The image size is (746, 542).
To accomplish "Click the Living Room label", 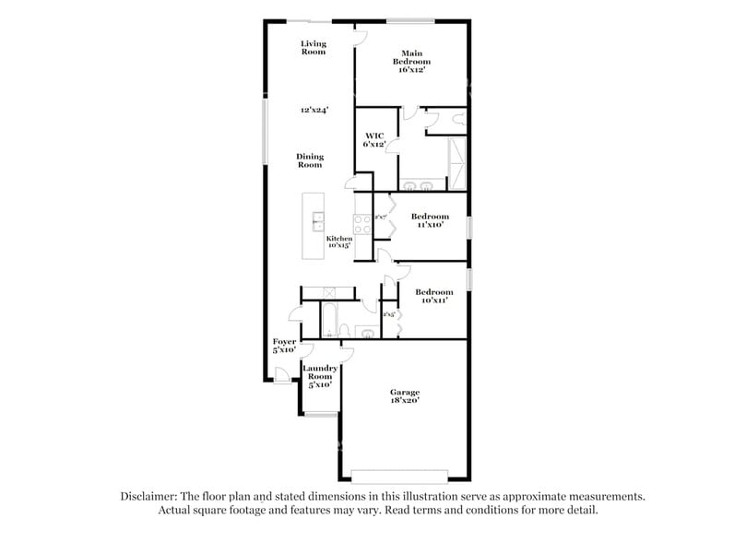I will tap(314, 48).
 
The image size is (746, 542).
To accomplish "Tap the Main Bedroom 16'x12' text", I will tap(411, 60).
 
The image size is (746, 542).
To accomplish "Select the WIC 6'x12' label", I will tap(373, 140).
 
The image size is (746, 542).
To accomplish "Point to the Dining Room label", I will tap(310, 160).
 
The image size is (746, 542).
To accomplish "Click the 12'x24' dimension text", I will tap(314, 110).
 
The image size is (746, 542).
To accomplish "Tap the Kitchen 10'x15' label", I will tap(339, 242).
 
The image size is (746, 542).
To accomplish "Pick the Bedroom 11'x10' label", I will tap(430, 220).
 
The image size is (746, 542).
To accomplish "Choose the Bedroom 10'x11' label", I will tap(433, 296).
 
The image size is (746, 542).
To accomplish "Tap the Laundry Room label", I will tap(319, 376).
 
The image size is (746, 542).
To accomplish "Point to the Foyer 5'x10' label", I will tap(283, 346).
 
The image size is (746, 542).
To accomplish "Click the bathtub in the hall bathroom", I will tap(328, 322).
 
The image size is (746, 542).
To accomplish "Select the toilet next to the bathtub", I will tap(345, 330).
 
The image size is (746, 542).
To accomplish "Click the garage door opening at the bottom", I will tap(400, 476).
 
